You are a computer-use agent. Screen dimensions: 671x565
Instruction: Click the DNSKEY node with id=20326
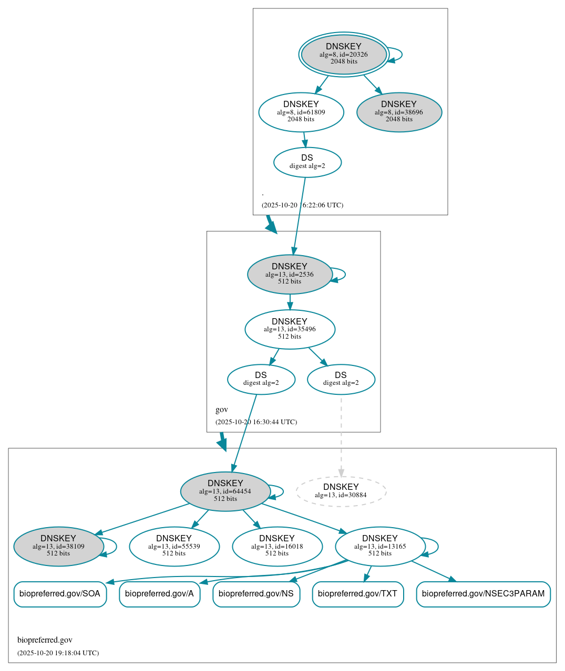[344, 54]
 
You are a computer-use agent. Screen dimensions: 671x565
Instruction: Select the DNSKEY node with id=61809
[301, 112]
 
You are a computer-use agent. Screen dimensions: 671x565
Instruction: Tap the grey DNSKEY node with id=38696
[399, 112]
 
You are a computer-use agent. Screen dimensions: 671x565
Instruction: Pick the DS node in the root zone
[307, 162]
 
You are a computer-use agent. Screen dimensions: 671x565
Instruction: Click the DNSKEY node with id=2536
[290, 274]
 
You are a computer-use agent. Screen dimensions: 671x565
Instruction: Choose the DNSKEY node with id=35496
[290, 329]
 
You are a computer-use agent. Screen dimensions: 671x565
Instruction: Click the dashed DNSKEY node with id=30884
[341, 491]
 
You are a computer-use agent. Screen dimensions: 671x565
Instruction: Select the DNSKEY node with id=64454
[225, 491]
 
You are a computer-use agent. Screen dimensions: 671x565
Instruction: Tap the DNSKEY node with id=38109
[58, 547]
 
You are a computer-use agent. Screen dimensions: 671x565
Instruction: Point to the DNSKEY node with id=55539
[174, 547]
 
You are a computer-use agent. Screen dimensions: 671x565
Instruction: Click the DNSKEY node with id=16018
[277, 547]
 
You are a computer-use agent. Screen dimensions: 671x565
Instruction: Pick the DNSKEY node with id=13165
[380, 547]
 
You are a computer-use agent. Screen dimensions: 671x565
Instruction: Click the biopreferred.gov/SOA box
[60, 594]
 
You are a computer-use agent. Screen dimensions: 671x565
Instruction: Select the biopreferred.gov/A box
[159, 594]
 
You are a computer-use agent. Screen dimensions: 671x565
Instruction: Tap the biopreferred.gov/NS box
[256, 594]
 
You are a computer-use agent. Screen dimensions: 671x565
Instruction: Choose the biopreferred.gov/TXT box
[357, 594]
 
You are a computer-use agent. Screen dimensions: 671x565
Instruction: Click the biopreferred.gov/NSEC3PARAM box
[483, 594]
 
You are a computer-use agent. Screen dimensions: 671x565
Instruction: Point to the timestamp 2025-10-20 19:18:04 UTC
[58, 653]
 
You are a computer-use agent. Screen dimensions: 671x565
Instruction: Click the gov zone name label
[222, 410]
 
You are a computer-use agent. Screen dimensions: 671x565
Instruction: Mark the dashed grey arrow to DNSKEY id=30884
[341, 436]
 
